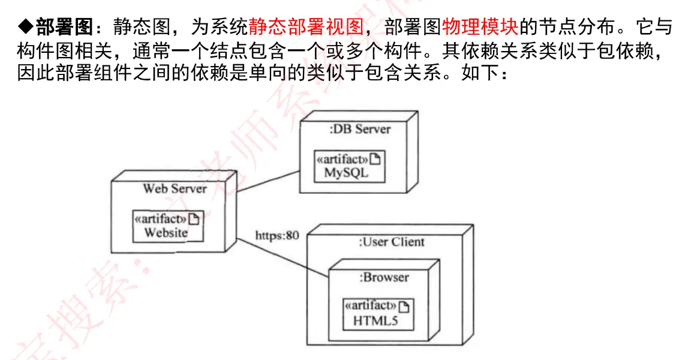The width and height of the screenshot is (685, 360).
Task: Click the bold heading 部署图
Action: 65,26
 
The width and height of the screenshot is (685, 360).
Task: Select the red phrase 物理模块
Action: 479,26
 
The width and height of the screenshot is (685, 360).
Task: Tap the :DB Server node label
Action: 360,129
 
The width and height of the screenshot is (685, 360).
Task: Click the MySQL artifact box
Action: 350,166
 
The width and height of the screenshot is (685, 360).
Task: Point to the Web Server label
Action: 175,188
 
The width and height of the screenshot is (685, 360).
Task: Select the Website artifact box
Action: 167,226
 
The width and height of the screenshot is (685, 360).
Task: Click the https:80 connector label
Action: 277,235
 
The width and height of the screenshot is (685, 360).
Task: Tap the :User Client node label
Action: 391,242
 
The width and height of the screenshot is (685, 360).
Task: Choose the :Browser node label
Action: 384,277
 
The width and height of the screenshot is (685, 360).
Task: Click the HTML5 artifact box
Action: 378,314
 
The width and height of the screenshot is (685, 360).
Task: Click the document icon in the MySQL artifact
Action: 375,159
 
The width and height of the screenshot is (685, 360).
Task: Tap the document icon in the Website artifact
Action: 193,219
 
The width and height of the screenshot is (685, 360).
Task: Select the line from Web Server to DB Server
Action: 269,181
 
